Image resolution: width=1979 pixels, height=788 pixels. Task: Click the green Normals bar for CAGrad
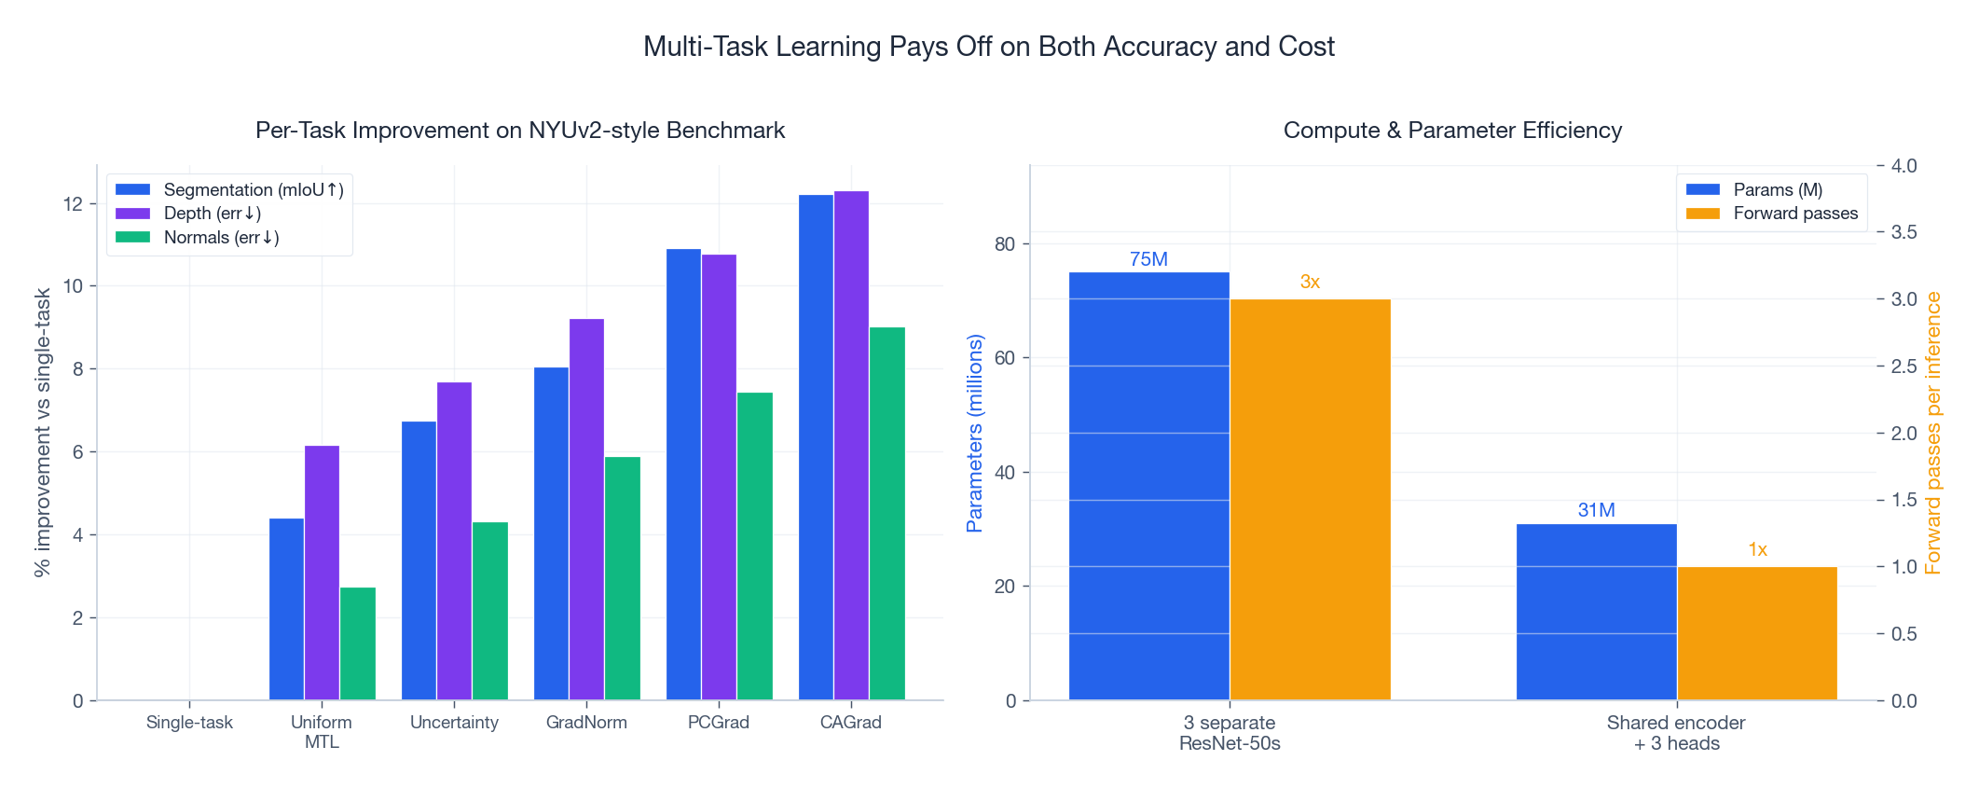pyautogui.click(x=886, y=513)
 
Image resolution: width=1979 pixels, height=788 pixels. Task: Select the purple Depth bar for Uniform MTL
pyautogui.click(x=322, y=573)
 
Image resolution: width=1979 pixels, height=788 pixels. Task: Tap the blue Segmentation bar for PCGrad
pyautogui.click(x=683, y=474)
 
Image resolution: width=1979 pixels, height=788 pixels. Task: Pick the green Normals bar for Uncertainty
pyautogui.click(x=489, y=611)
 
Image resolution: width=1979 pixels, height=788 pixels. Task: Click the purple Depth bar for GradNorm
pyautogui.click(x=586, y=509)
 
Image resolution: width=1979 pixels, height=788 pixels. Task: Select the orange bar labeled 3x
pyautogui.click(x=1310, y=499)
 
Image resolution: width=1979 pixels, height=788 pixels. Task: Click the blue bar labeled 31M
pyautogui.click(x=1596, y=612)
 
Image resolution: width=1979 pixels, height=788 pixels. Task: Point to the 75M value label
pyautogui.click(x=1148, y=259)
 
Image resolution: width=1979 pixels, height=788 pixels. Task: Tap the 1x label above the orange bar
pyautogui.click(x=1757, y=549)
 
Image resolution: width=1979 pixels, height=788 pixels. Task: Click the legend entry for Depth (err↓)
pyautogui.click(x=212, y=214)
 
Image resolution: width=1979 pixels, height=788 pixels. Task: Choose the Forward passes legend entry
pyautogui.click(x=1794, y=214)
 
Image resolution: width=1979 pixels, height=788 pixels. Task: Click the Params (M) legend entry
pyautogui.click(x=1777, y=189)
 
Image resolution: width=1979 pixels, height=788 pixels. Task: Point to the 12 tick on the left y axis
pyautogui.click(x=73, y=203)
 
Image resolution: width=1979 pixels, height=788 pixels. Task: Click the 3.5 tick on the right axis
pyautogui.click(x=1903, y=232)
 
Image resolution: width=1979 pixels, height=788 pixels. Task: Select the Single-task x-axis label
pyautogui.click(x=189, y=723)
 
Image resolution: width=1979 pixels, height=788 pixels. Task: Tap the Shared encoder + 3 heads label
pyautogui.click(x=1675, y=733)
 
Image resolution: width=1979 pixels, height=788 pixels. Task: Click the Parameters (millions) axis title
pyautogui.click(x=975, y=434)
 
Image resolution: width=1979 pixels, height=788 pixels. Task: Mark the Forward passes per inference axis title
pyautogui.click(x=1932, y=434)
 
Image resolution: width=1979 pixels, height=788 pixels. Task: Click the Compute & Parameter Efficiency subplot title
pyautogui.click(x=1451, y=131)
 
